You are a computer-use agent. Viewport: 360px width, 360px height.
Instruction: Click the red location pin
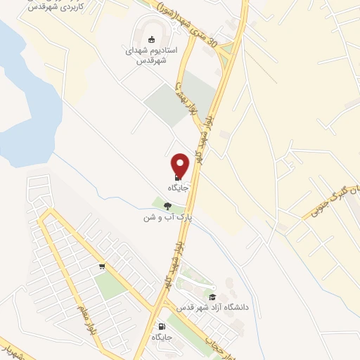click(x=181, y=165)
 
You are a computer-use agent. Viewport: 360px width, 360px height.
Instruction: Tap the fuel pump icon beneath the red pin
click(x=176, y=177)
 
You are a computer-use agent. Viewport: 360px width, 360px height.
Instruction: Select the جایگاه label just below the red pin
click(x=176, y=188)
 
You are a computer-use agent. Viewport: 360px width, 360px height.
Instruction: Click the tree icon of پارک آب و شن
click(x=167, y=205)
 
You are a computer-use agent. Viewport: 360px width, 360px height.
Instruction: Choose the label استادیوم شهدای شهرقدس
click(x=154, y=56)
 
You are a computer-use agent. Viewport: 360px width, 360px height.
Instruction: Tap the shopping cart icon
click(x=103, y=266)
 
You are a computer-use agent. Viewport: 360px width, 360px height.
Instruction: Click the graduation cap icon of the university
click(x=212, y=297)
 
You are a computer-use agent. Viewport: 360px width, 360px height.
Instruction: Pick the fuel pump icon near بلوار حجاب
click(x=163, y=326)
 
